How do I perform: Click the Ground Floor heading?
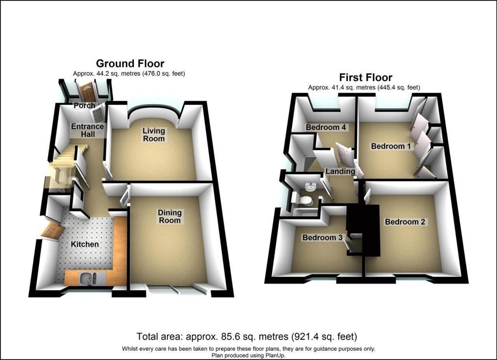tap(130, 64)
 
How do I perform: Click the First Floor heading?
tap(365, 77)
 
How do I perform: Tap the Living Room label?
tap(154, 135)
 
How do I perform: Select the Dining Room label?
tap(169, 216)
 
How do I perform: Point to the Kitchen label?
tap(84, 245)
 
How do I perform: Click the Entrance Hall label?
tap(87, 130)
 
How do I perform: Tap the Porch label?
tap(84, 106)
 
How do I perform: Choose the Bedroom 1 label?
tap(391, 146)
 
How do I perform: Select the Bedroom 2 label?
tap(405, 222)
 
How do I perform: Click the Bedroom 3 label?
tap(322, 238)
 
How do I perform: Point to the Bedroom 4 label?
tap(326, 128)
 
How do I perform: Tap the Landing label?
tap(340, 171)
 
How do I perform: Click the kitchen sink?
tap(88, 278)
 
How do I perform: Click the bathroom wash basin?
tap(310, 187)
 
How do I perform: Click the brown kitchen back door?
tap(52, 230)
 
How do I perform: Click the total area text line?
tap(247, 336)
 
